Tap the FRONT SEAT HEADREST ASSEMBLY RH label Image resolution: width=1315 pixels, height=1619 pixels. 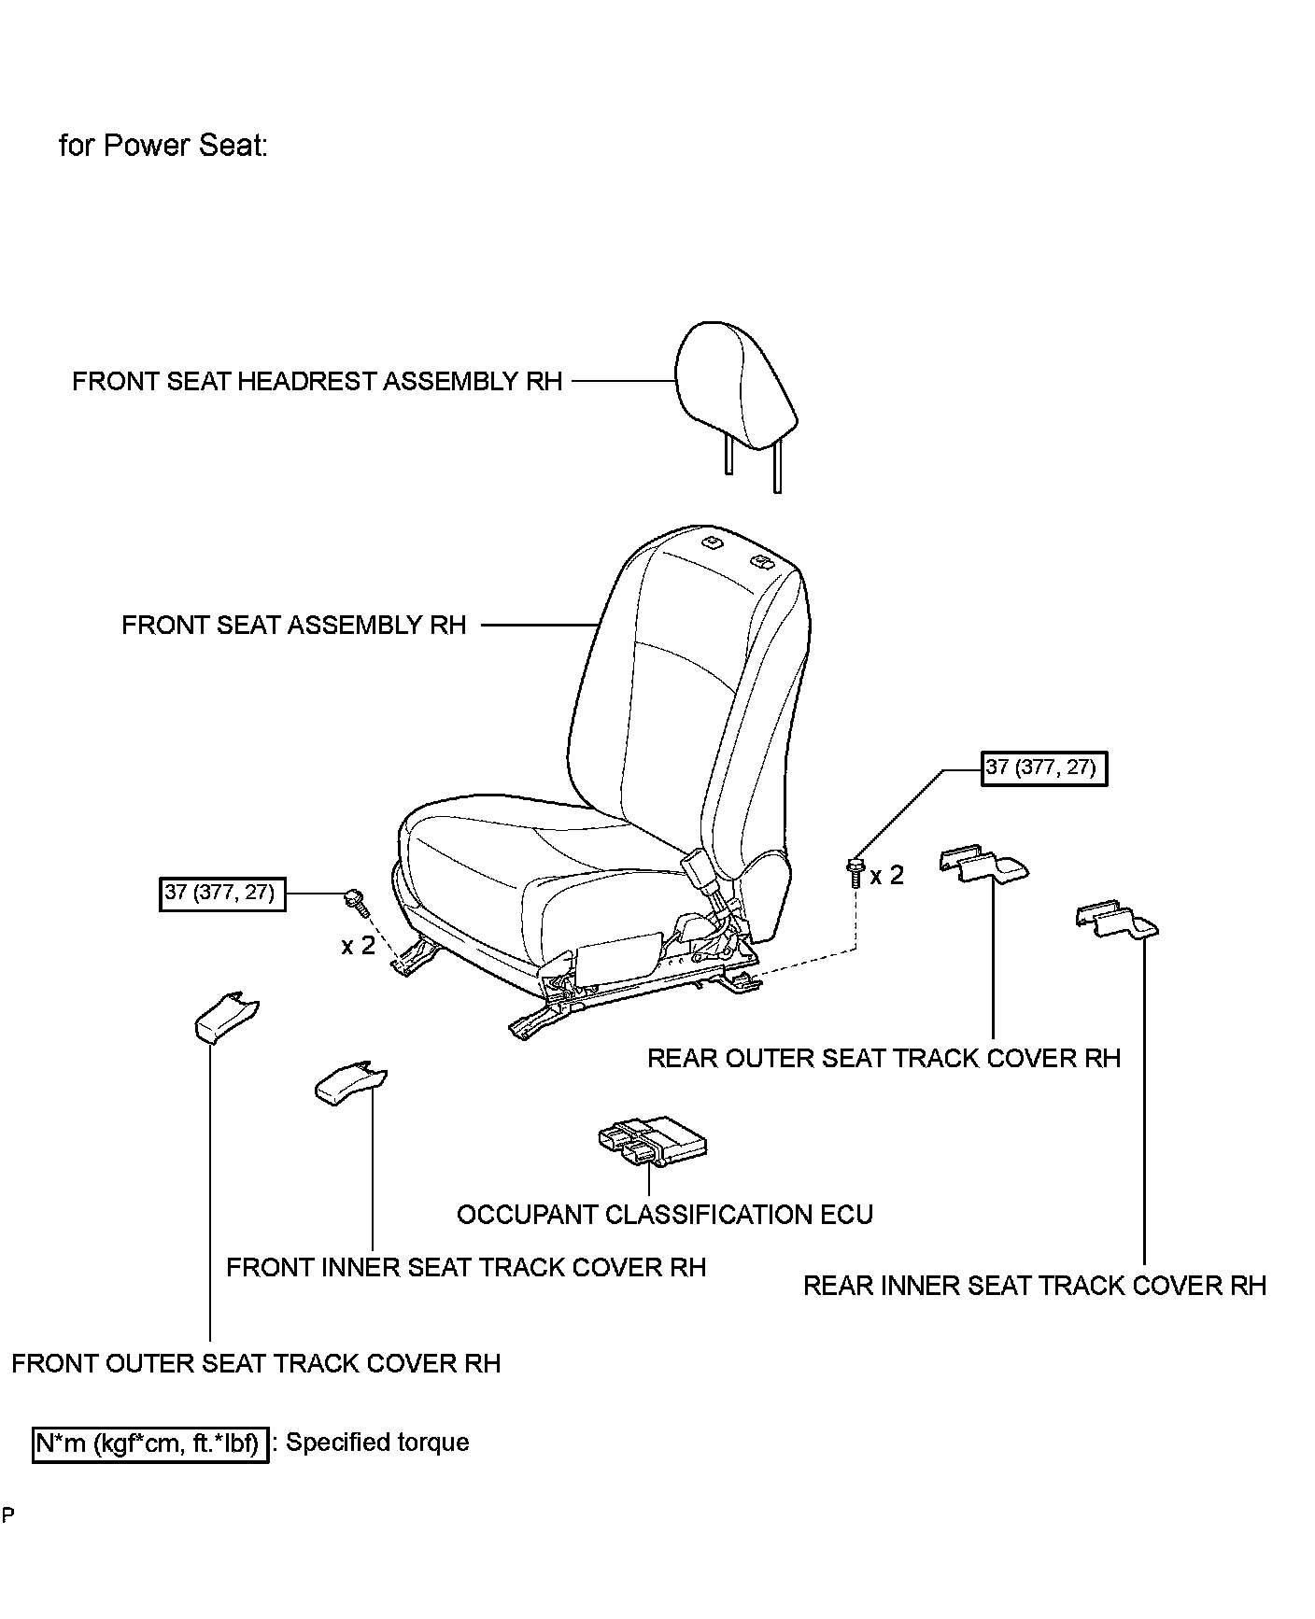pyautogui.click(x=318, y=382)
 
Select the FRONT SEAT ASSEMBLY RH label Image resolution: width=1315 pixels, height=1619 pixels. pyautogui.click(x=293, y=626)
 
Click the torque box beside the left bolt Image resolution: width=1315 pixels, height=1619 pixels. pyautogui.click(x=221, y=894)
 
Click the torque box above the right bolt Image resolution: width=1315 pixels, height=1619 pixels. pyautogui.click(x=1043, y=769)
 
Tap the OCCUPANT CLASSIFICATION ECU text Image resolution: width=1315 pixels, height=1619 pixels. pyautogui.click(x=664, y=1215)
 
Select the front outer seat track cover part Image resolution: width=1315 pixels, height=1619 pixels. pyautogui.click(x=226, y=1019)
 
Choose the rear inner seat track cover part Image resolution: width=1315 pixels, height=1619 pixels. pyautogui.click(x=1117, y=920)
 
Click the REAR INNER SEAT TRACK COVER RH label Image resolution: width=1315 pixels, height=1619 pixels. pyautogui.click(x=1034, y=1287)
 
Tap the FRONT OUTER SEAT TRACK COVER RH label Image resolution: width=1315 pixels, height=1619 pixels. pyautogui.click(x=256, y=1364)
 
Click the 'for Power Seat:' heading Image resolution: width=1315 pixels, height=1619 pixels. pyautogui.click(x=163, y=146)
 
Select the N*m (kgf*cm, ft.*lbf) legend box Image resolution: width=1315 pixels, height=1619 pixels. pyautogui.click(x=150, y=1443)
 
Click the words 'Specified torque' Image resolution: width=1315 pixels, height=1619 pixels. pyautogui.click(x=377, y=1443)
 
